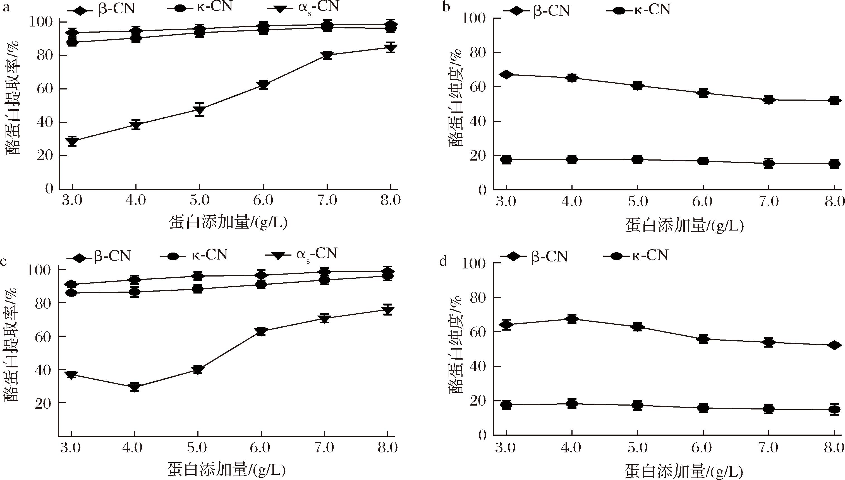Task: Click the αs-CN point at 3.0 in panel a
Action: (x=72, y=141)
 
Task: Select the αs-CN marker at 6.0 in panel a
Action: (x=263, y=85)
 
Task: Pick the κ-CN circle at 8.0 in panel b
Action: (x=834, y=164)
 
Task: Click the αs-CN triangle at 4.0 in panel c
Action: (x=134, y=387)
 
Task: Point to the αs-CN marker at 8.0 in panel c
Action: (x=388, y=310)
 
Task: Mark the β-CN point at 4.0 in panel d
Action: (x=572, y=319)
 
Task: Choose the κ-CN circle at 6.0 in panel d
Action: (x=703, y=408)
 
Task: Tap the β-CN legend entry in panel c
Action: (x=99, y=256)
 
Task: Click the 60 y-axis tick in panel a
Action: (x=45, y=89)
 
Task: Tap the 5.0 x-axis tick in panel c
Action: (x=197, y=448)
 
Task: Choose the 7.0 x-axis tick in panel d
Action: (x=769, y=448)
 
